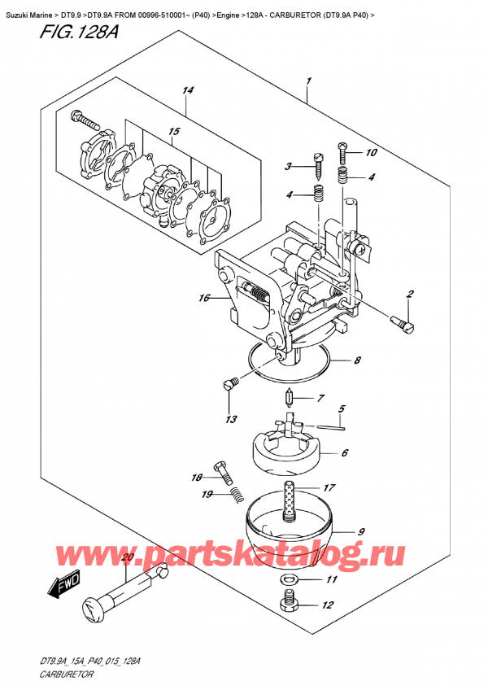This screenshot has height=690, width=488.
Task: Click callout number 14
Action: [x=189, y=90]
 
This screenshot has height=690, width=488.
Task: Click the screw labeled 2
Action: [x=402, y=325]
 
